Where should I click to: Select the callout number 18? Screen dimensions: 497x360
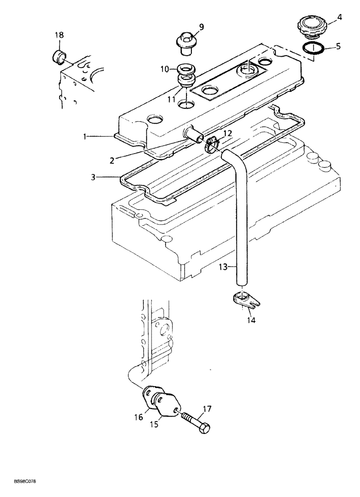coord(59,35)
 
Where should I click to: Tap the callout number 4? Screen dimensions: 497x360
coord(339,18)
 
